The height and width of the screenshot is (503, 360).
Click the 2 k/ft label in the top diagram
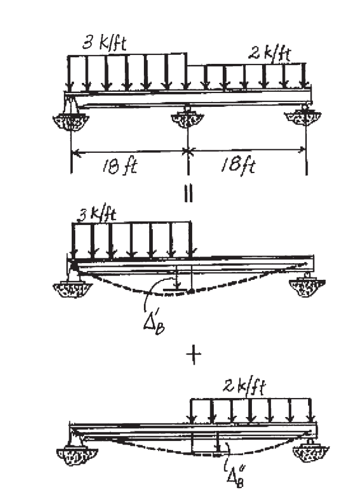pos(269,55)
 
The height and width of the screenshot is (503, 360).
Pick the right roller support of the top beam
pos(306,116)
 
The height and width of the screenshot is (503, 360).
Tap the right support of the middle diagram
pos(307,283)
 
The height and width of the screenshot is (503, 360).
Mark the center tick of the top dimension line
pos(188,153)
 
